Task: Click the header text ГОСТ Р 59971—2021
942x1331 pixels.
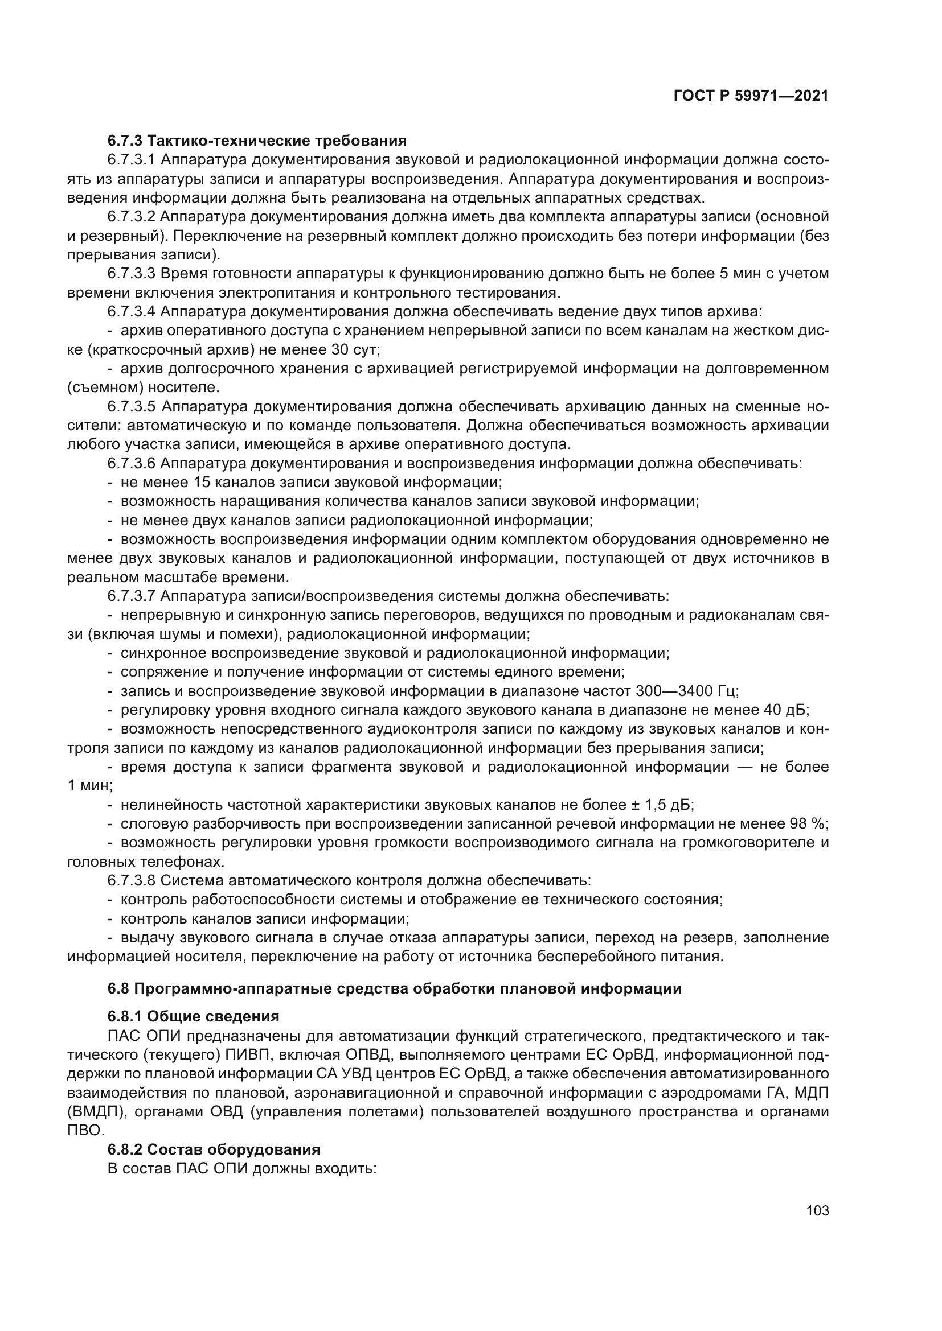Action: pyautogui.click(x=751, y=96)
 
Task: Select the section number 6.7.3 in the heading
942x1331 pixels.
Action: pyautogui.click(x=125, y=141)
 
